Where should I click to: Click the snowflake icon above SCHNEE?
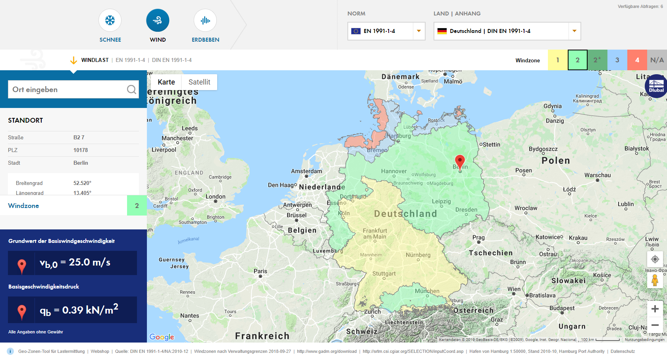(110, 20)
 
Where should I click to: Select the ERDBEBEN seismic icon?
(205, 20)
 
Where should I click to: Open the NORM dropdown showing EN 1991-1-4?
(386, 31)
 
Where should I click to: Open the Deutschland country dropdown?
(507, 31)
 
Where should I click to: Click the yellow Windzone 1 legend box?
(557, 60)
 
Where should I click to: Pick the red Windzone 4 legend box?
(637, 60)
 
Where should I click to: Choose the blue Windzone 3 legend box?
(617, 60)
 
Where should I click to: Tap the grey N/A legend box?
(657, 60)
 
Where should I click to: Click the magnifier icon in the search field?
(131, 90)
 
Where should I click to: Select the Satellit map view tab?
(199, 82)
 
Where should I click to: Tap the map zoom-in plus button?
(655, 309)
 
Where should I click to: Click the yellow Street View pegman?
(655, 280)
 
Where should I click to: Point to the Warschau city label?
(598, 175)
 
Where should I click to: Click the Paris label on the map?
(260, 271)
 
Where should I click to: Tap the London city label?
(216, 196)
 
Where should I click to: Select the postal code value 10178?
(81, 150)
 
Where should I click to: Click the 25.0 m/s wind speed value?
(89, 262)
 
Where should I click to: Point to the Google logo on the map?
(162, 337)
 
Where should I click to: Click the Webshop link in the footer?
(100, 351)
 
